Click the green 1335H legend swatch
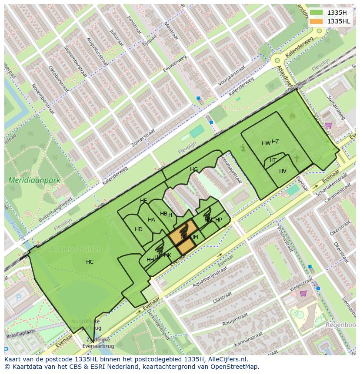316,13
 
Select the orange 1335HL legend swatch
316,21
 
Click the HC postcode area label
90,262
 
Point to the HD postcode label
139,229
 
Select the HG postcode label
194,169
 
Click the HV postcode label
283,171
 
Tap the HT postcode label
273,160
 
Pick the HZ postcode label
275,142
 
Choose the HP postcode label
219,220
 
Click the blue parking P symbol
18,298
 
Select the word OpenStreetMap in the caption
237,367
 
